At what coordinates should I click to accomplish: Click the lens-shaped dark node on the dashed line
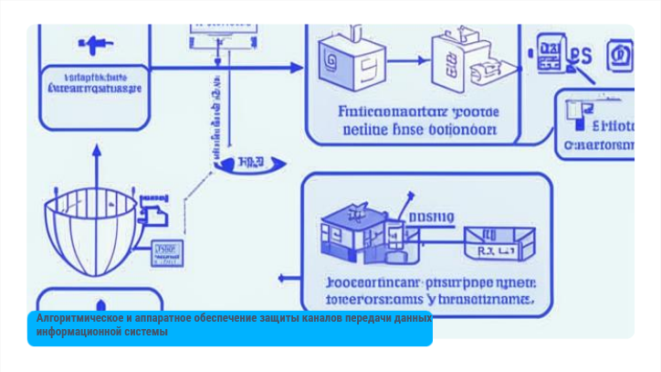point(250,163)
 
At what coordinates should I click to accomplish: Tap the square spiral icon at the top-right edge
point(621,55)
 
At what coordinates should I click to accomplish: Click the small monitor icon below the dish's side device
point(165,250)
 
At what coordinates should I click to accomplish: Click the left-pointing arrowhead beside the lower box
point(283,277)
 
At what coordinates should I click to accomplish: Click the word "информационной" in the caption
point(79,331)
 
